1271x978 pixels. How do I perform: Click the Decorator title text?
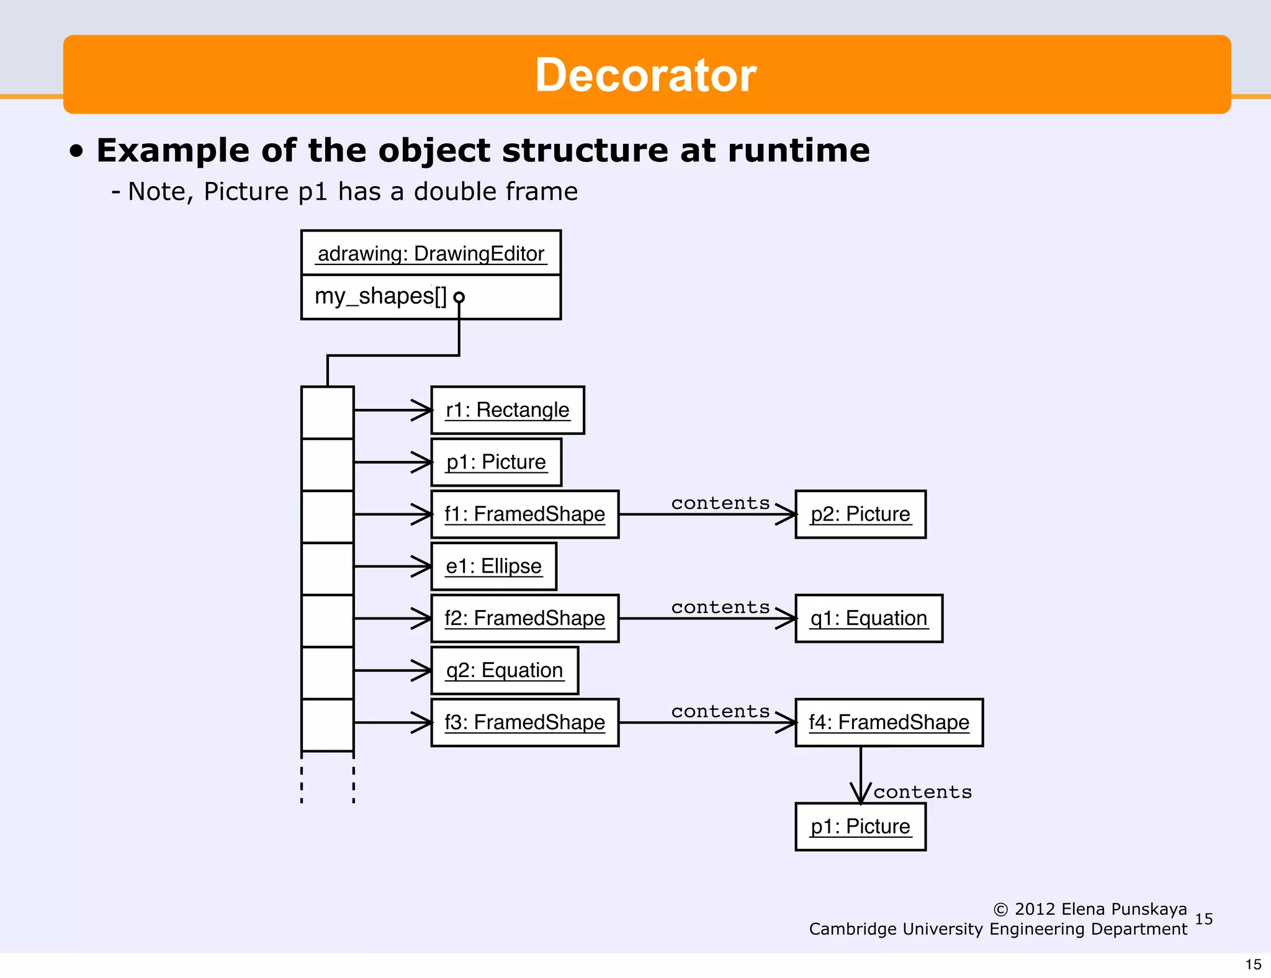pyautogui.click(x=645, y=75)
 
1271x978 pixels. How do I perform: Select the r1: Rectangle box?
pyautogui.click(x=507, y=410)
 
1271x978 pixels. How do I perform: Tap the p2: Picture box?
pyautogui.click(x=860, y=514)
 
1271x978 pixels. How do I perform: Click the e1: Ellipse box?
pyautogui.click(x=493, y=567)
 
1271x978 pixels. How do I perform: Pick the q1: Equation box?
pyautogui.click(x=868, y=619)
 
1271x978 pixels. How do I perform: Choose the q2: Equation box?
pyautogui.click(x=504, y=671)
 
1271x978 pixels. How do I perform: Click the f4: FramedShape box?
pyautogui.click(x=889, y=722)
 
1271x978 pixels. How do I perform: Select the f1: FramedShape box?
pyautogui.click(x=524, y=514)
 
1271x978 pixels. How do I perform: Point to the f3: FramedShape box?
pyautogui.click(x=524, y=722)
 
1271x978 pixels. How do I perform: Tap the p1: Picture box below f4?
pyautogui.click(x=860, y=827)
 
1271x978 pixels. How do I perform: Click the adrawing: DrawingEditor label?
pyautogui.click(x=431, y=254)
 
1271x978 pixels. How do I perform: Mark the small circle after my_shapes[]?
pyautogui.click(x=459, y=297)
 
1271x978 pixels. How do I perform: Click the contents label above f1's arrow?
pyautogui.click(x=720, y=503)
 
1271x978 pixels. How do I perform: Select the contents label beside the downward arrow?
pyautogui.click(x=922, y=792)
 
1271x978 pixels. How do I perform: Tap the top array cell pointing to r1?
pyautogui.click(x=328, y=413)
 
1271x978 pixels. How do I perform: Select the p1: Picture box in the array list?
pyautogui.click(x=496, y=462)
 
